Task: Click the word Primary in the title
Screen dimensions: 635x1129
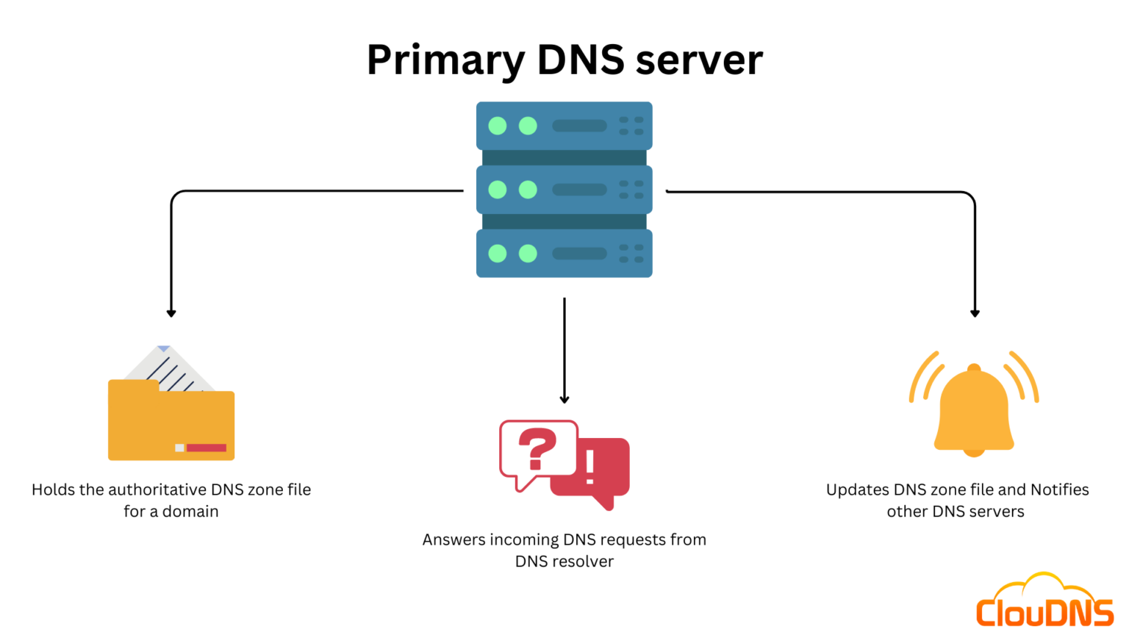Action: pyautogui.click(x=445, y=60)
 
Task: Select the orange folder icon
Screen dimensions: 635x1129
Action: pyautogui.click(x=171, y=423)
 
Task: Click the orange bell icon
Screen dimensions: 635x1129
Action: pyautogui.click(x=974, y=409)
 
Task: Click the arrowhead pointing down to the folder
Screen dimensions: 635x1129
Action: pyautogui.click(x=171, y=313)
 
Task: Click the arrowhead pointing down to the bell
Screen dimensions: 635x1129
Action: pyautogui.click(x=975, y=313)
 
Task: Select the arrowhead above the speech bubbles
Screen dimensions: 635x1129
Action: pyautogui.click(x=564, y=399)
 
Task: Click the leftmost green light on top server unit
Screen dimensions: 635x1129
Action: pyautogui.click(x=498, y=126)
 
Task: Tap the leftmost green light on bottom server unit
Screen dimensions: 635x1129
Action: pyautogui.click(x=498, y=254)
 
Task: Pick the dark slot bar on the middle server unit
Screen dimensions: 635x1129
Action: pyautogui.click(x=579, y=190)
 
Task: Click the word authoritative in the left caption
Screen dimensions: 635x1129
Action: pyautogui.click(x=147, y=489)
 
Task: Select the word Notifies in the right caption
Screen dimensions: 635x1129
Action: pyautogui.click(x=1059, y=489)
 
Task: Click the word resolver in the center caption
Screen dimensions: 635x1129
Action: pyautogui.click(x=585, y=562)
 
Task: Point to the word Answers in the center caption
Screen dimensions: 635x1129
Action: pyautogui.click(x=454, y=539)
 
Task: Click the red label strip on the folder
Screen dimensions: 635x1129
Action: pyautogui.click(x=207, y=448)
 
